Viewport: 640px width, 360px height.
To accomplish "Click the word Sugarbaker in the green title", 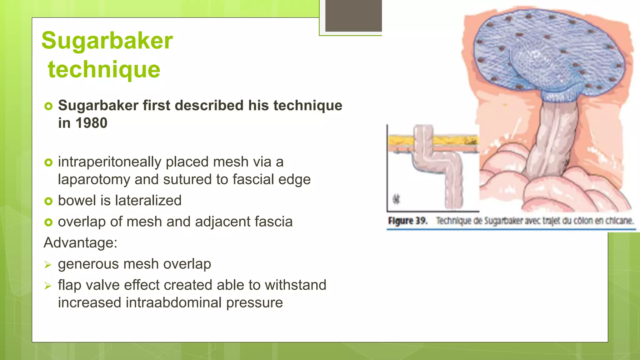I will pos(107,41).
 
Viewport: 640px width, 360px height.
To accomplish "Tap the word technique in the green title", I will pos(104,69).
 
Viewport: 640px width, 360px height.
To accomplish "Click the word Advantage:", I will pos(80,242).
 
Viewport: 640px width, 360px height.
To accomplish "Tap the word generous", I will pos(88,264).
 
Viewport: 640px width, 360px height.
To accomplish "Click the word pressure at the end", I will pos(254,303).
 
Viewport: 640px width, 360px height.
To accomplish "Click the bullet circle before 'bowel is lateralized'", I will pos(48,201).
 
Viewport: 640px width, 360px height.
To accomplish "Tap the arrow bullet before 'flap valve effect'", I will pos(47,286).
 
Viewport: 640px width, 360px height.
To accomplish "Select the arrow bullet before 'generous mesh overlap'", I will pos(47,265).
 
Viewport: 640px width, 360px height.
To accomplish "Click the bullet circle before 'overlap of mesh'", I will pos(48,222).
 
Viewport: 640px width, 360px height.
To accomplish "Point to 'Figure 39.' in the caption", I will pos(407,221).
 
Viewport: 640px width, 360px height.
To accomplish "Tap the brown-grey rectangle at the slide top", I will pos(353,16).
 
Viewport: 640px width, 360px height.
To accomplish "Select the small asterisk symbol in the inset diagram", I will pos(396,199).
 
